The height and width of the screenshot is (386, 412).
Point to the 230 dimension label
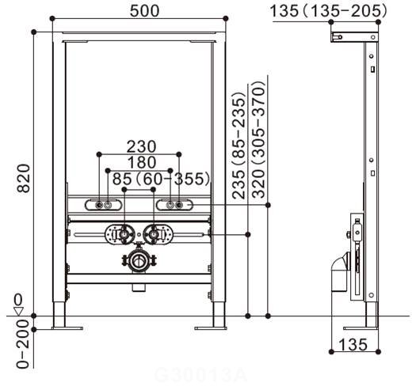[140, 146]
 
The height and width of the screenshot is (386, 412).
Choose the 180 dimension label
[140, 163]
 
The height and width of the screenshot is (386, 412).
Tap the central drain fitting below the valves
[138, 260]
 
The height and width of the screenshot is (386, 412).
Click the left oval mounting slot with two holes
[103, 206]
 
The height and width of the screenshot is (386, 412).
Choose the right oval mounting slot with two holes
[174, 206]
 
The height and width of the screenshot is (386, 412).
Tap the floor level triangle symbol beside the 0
[18, 310]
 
